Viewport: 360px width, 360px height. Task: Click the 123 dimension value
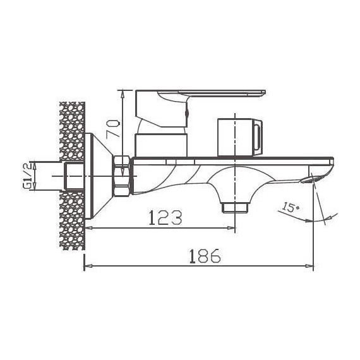tap(165, 217)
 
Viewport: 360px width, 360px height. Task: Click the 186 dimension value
tap(205, 256)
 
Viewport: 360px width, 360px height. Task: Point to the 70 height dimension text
tap(113, 128)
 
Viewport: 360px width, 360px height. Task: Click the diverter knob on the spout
tap(239, 136)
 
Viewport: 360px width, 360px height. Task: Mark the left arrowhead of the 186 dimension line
tap(87, 266)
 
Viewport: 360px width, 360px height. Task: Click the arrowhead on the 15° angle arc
tap(308, 221)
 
